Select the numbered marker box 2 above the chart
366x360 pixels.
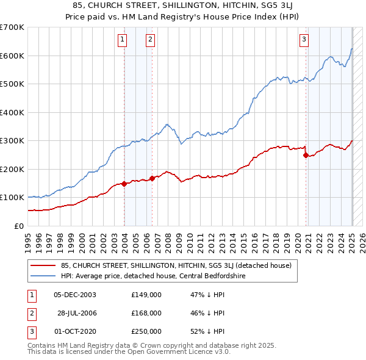[x=150, y=40]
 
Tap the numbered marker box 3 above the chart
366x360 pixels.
[x=304, y=40]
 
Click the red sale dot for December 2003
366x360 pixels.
[x=124, y=184]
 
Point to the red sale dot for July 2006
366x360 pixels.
[x=152, y=178]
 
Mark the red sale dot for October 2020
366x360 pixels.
[x=305, y=155]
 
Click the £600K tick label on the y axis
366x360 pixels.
[x=12, y=56]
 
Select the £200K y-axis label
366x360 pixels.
[x=12, y=169]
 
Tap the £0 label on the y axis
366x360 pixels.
[x=18, y=226]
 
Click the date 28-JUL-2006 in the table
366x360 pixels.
[x=76, y=312]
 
